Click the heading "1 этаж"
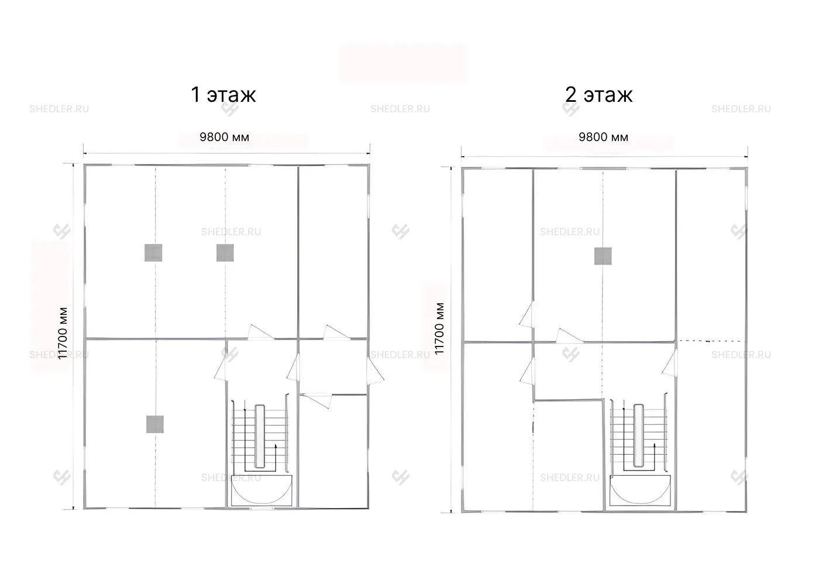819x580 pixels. [223, 95]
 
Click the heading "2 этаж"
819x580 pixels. [598, 95]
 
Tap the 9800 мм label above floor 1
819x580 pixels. [224, 137]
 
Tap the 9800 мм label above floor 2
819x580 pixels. [603, 137]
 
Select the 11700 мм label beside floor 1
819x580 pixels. [63, 333]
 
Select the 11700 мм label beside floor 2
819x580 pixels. [439, 328]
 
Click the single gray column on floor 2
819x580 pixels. [603, 256]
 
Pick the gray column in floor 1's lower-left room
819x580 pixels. [154, 424]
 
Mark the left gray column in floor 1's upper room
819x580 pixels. [153, 253]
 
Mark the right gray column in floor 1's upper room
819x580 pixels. [225, 253]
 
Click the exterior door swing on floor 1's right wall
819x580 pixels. [376, 370]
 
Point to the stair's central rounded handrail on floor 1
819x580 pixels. [260, 436]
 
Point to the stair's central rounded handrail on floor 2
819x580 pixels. [638, 435]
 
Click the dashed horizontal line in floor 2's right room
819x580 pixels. [708, 341]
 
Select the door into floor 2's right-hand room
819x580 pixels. [670, 362]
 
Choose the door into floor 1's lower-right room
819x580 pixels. [316, 400]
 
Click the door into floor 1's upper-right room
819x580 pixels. [336, 332]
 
